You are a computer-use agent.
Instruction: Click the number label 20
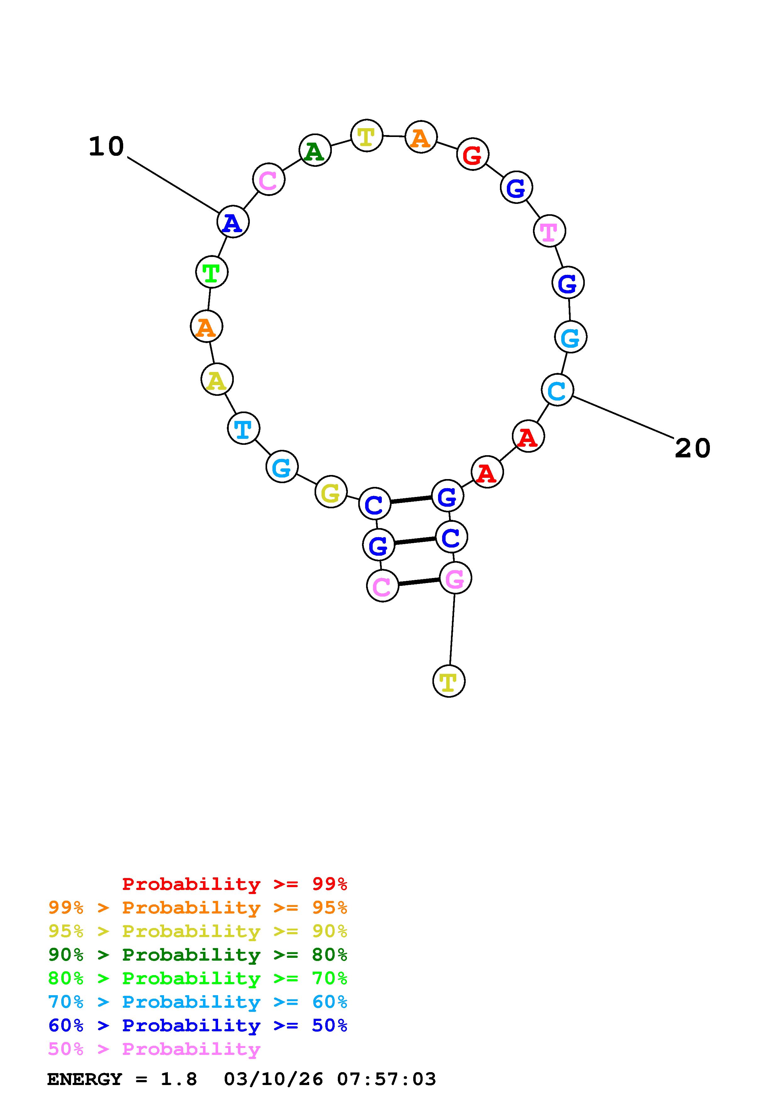[x=692, y=448]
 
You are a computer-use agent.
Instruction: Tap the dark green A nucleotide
[x=315, y=151]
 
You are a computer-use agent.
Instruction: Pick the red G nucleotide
[x=472, y=155]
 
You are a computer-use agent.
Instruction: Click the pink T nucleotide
[x=549, y=231]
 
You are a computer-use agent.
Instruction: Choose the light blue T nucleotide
[x=243, y=428]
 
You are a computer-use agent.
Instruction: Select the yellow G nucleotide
[x=331, y=492]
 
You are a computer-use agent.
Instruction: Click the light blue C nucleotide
[x=557, y=390]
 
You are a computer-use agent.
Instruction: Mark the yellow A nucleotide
[x=217, y=380]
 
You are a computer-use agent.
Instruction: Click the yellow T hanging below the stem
[x=448, y=681]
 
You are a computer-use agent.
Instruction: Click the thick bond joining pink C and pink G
[x=419, y=582]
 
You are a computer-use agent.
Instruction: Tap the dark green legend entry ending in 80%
[x=197, y=955]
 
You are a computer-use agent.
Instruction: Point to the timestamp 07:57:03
[x=387, y=1079]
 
